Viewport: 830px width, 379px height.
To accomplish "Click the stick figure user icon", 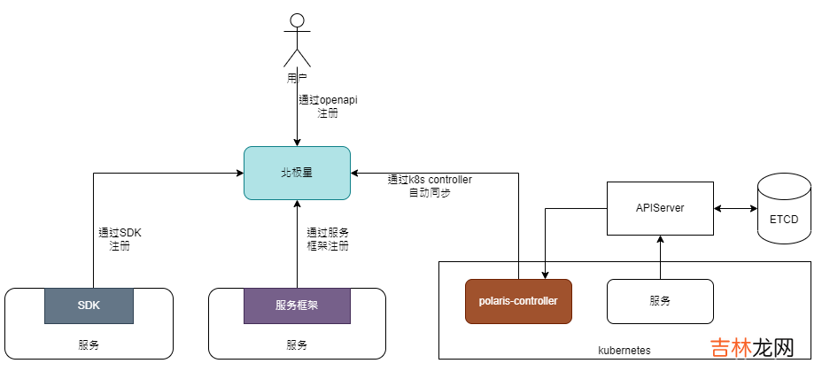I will click(297, 41).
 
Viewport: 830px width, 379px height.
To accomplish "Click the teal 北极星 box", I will click(297, 173).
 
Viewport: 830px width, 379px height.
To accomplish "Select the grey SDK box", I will click(89, 305).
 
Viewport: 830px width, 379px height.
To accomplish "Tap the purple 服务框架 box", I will click(297, 305).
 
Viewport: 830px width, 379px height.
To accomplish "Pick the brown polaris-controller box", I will click(518, 301).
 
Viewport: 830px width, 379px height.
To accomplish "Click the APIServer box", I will click(660, 208).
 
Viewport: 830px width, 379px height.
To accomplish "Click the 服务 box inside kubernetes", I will click(660, 301).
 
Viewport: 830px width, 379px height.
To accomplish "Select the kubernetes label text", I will click(624, 351).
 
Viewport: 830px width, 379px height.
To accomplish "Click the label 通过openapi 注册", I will click(327, 107).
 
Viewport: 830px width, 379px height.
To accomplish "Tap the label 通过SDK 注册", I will click(120, 239).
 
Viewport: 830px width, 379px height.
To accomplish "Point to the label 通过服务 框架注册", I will click(328, 239).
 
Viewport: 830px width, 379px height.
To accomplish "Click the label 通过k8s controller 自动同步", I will click(430, 186).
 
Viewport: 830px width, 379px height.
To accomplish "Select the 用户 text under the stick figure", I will click(297, 78).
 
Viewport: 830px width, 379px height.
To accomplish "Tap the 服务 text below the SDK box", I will click(89, 344).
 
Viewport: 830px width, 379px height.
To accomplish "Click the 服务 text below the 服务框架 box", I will click(297, 344).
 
